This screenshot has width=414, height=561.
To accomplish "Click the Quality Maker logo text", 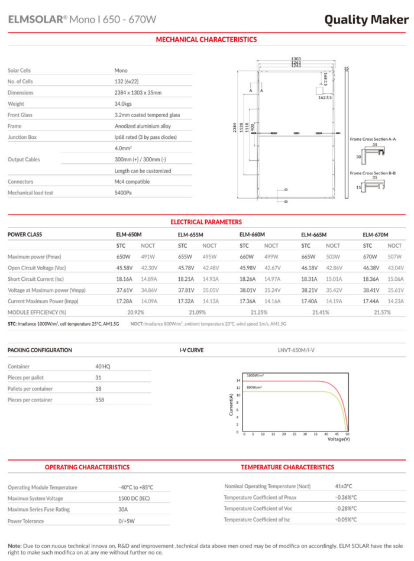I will pyautogui.click(x=366, y=20).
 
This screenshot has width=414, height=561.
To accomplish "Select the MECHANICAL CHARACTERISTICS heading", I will pyautogui.click(x=206, y=40).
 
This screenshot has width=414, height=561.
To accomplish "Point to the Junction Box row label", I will pyautogui.click(x=22, y=137).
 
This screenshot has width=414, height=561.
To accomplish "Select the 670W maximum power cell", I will pyautogui.click(x=370, y=257).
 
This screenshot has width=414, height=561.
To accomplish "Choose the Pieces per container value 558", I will pyautogui.click(x=99, y=400).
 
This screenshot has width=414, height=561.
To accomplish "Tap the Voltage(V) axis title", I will pyautogui.click(x=338, y=439).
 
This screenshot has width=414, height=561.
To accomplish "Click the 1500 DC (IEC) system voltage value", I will pyautogui.click(x=135, y=498).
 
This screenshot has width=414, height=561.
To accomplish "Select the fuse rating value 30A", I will pyautogui.click(x=123, y=509).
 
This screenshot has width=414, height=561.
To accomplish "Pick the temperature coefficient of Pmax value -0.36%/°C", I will pyautogui.click(x=345, y=497).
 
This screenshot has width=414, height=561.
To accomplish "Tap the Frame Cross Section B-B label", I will pyautogui.click(x=373, y=173).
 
